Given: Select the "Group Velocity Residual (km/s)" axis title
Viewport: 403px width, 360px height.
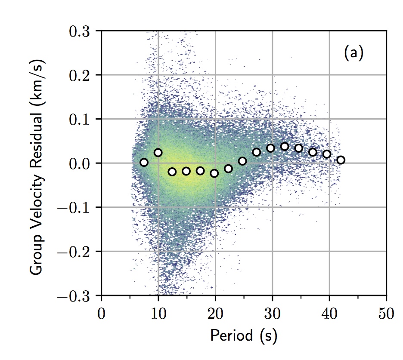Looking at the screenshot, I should (37, 163).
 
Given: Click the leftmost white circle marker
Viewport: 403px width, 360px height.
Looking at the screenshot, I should (144, 162).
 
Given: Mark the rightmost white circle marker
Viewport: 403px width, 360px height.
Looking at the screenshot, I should (341, 160).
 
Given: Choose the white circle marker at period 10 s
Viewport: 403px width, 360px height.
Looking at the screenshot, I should (158, 153).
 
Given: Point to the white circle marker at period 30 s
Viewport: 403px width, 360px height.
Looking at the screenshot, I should (270, 148).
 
